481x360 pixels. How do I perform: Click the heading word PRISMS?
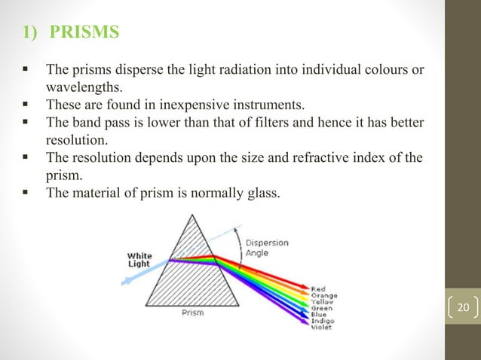[x=84, y=35]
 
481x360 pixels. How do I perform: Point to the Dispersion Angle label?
[x=268, y=248]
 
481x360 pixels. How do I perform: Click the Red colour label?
[x=317, y=288]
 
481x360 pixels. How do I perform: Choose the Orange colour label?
[x=323, y=295]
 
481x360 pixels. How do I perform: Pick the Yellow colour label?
[x=322, y=302]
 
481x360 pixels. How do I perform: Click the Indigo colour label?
[x=322, y=322]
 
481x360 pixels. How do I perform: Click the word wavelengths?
[x=83, y=87]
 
